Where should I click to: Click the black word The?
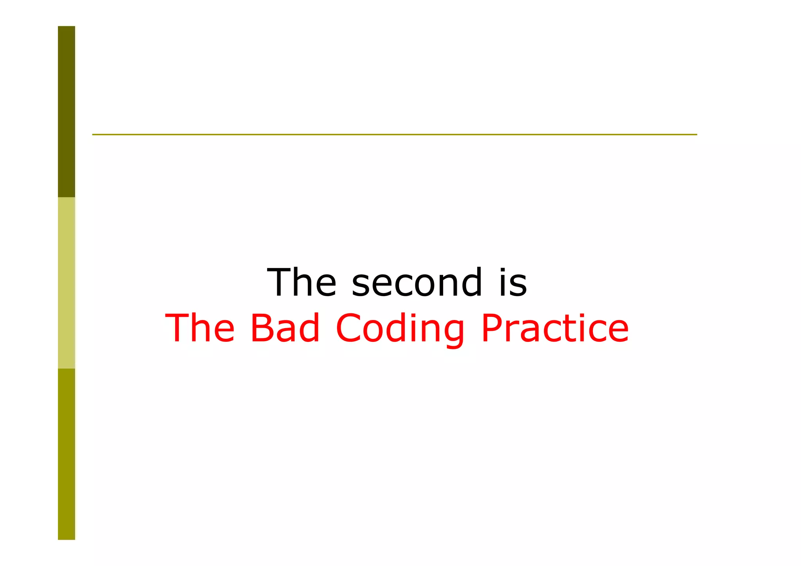click(x=302, y=282)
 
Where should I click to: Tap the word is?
click(x=513, y=282)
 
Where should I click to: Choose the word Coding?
click(x=400, y=329)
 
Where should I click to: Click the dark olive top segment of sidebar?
click(x=66, y=111)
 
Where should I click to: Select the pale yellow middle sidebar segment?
click(x=66, y=282)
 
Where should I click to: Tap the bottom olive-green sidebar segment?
click(x=66, y=454)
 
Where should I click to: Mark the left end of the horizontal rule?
click(x=93, y=135)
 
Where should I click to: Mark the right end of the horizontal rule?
click(x=696, y=135)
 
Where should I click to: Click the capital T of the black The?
click(x=281, y=282)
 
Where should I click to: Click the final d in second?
click(x=471, y=282)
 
